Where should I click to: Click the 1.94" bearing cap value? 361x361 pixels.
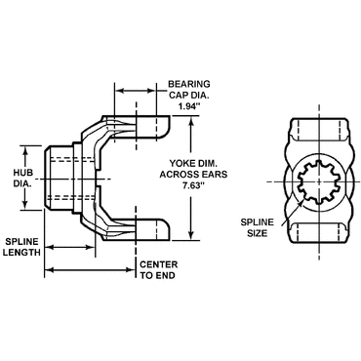[x=188, y=106]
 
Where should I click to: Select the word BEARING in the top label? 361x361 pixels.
[x=189, y=84]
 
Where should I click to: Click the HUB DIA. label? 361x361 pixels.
[x=22, y=178]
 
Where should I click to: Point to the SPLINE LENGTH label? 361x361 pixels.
[x=22, y=247]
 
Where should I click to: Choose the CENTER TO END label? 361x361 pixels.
[x=159, y=270]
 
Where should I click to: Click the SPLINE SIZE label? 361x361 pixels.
[x=257, y=227]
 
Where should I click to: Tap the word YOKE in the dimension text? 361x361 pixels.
[x=181, y=163]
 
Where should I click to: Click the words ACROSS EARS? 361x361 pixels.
[x=193, y=175]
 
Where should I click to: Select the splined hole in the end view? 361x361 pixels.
[x=319, y=181]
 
